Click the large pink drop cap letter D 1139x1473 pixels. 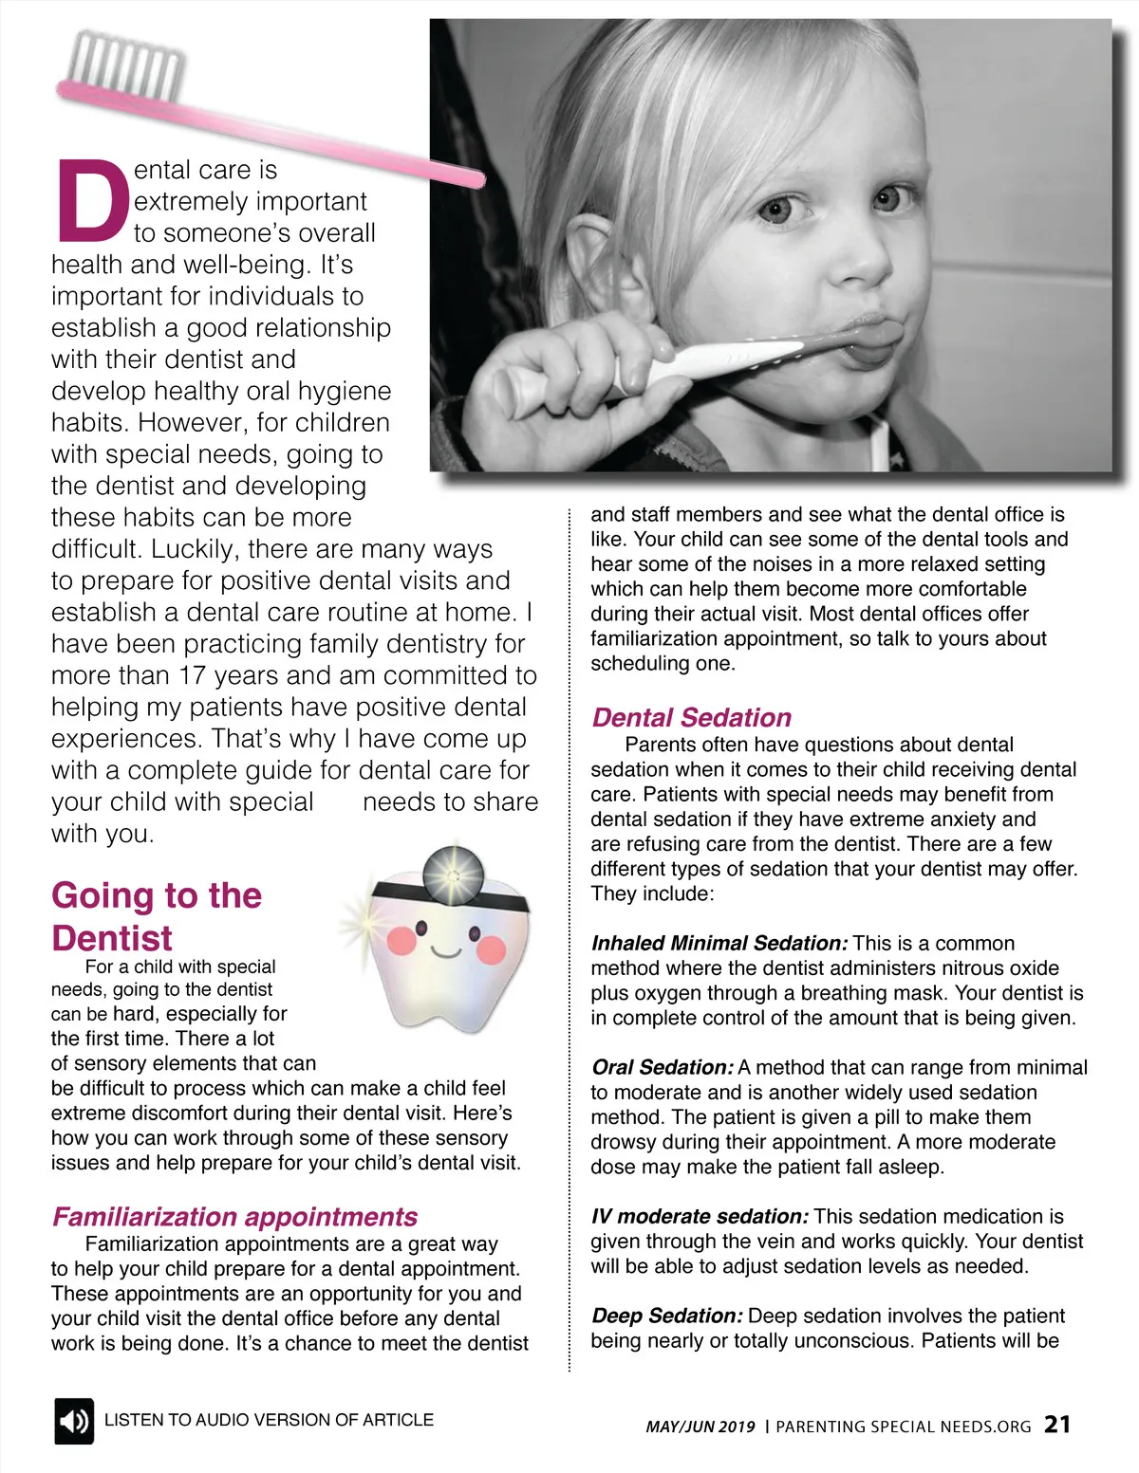pyautogui.click(x=92, y=200)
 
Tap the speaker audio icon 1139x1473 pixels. pyautogui.click(x=73, y=1420)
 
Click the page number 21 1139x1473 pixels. pyautogui.click(x=1057, y=1424)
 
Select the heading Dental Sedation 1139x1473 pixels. pyautogui.click(x=691, y=717)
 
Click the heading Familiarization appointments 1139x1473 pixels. pyautogui.click(x=234, y=1216)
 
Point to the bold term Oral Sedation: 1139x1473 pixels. pyautogui.click(x=662, y=1067)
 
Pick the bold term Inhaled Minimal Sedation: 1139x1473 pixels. pyautogui.click(x=719, y=943)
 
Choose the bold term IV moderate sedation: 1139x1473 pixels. pyautogui.click(x=700, y=1216)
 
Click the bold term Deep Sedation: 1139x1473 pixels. pyautogui.click(x=666, y=1316)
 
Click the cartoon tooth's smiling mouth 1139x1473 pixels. pyautogui.click(x=445, y=950)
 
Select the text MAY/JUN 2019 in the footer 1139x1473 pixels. pyautogui.click(x=700, y=1426)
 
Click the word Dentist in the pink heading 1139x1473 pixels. pyautogui.click(x=112, y=938)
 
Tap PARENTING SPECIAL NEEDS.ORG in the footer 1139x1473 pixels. pyautogui.click(x=903, y=1426)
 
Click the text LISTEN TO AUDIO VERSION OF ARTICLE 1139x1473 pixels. pyautogui.click(x=269, y=1419)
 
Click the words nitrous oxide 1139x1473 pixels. pyautogui.click(x=999, y=967)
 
